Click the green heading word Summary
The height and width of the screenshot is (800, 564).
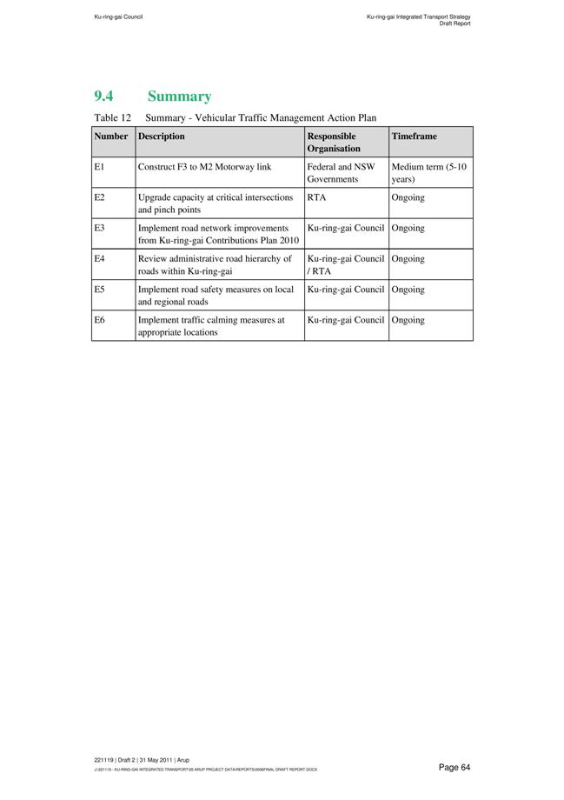pyautogui.click(x=179, y=97)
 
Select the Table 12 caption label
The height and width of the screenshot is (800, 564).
pyautogui.click(x=111, y=117)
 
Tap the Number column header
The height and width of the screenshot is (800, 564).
pyautogui.click(x=111, y=137)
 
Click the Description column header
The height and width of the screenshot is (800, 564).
pyautogui.click(x=162, y=137)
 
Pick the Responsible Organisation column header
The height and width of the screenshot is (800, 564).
pyautogui.click(x=332, y=143)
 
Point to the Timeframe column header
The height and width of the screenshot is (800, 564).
pyautogui.click(x=415, y=137)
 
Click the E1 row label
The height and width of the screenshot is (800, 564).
pyautogui.click(x=99, y=166)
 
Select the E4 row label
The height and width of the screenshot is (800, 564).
pyautogui.click(x=99, y=259)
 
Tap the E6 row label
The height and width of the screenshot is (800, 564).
pyautogui.click(x=99, y=320)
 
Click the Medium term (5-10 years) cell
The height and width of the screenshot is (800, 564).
pyautogui.click(x=429, y=172)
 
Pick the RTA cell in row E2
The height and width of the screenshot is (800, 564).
pyautogui.click(x=316, y=197)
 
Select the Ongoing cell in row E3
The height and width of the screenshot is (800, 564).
pyautogui.click(x=408, y=228)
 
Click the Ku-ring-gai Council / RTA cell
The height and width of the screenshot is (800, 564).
pyautogui.click(x=345, y=264)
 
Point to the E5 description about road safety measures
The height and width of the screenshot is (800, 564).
pyautogui.click(x=216, y=296)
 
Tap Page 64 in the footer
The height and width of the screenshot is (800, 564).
pyautogui.click(x=454, y=767)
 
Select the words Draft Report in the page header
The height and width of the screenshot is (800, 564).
pyautogui.click(x=455, y=23)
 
